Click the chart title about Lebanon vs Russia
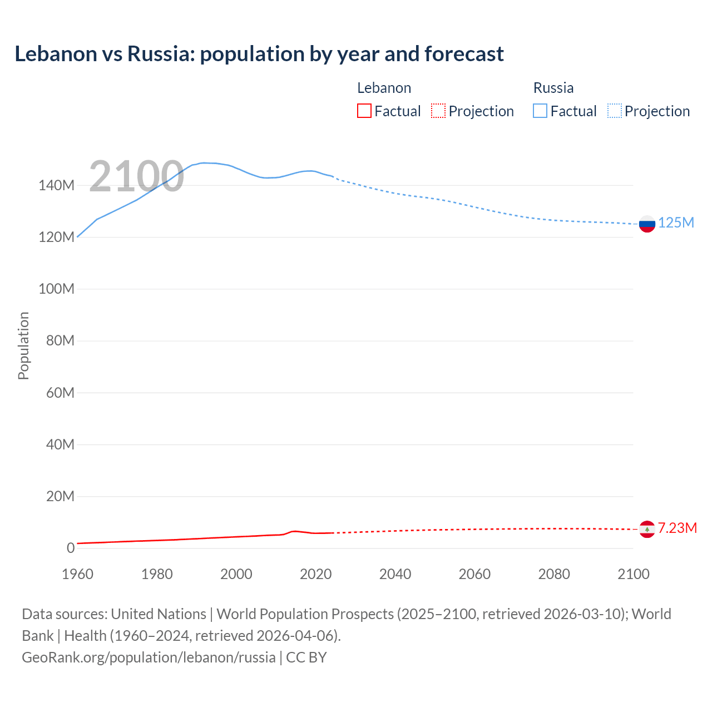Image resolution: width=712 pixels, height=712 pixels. click(x=259, y=54)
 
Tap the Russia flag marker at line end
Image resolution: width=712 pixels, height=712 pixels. click(x=647, y=224)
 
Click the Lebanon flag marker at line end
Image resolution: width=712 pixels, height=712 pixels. click(x=647, y=529)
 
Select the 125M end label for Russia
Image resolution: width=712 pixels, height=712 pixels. click(x=676, y=223)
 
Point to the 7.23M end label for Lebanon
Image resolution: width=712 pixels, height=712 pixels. click(x=677, y=528)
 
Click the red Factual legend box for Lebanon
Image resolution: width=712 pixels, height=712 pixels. click(x=364, y=111)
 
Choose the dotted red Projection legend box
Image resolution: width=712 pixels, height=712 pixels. click(x=438, y=111)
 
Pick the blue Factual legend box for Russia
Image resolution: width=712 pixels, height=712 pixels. click(x=540, y=111)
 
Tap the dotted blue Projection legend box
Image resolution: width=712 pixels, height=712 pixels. click(x=615, y=111)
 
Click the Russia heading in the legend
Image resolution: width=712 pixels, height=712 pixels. click(x=553, y=88)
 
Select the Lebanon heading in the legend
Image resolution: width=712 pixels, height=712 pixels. click(x=384, y=88)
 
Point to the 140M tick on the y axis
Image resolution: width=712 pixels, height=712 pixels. click(x=56, y=186)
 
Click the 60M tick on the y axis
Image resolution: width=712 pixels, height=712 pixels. click(x=60, y=393)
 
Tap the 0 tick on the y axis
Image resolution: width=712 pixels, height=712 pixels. click(x=71, y=548)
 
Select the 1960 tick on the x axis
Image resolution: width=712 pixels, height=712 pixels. click(x=77, y=574)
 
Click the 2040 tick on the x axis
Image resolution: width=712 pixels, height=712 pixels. click(x=395, y=574)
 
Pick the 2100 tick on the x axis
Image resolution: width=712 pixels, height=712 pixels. click(x=633, y=574)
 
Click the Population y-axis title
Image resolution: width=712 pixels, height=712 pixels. click(x=23, y=345)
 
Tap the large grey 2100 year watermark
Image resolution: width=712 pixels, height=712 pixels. click(x=136, y=176)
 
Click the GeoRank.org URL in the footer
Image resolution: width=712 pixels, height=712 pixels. click(x=149, y=657)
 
